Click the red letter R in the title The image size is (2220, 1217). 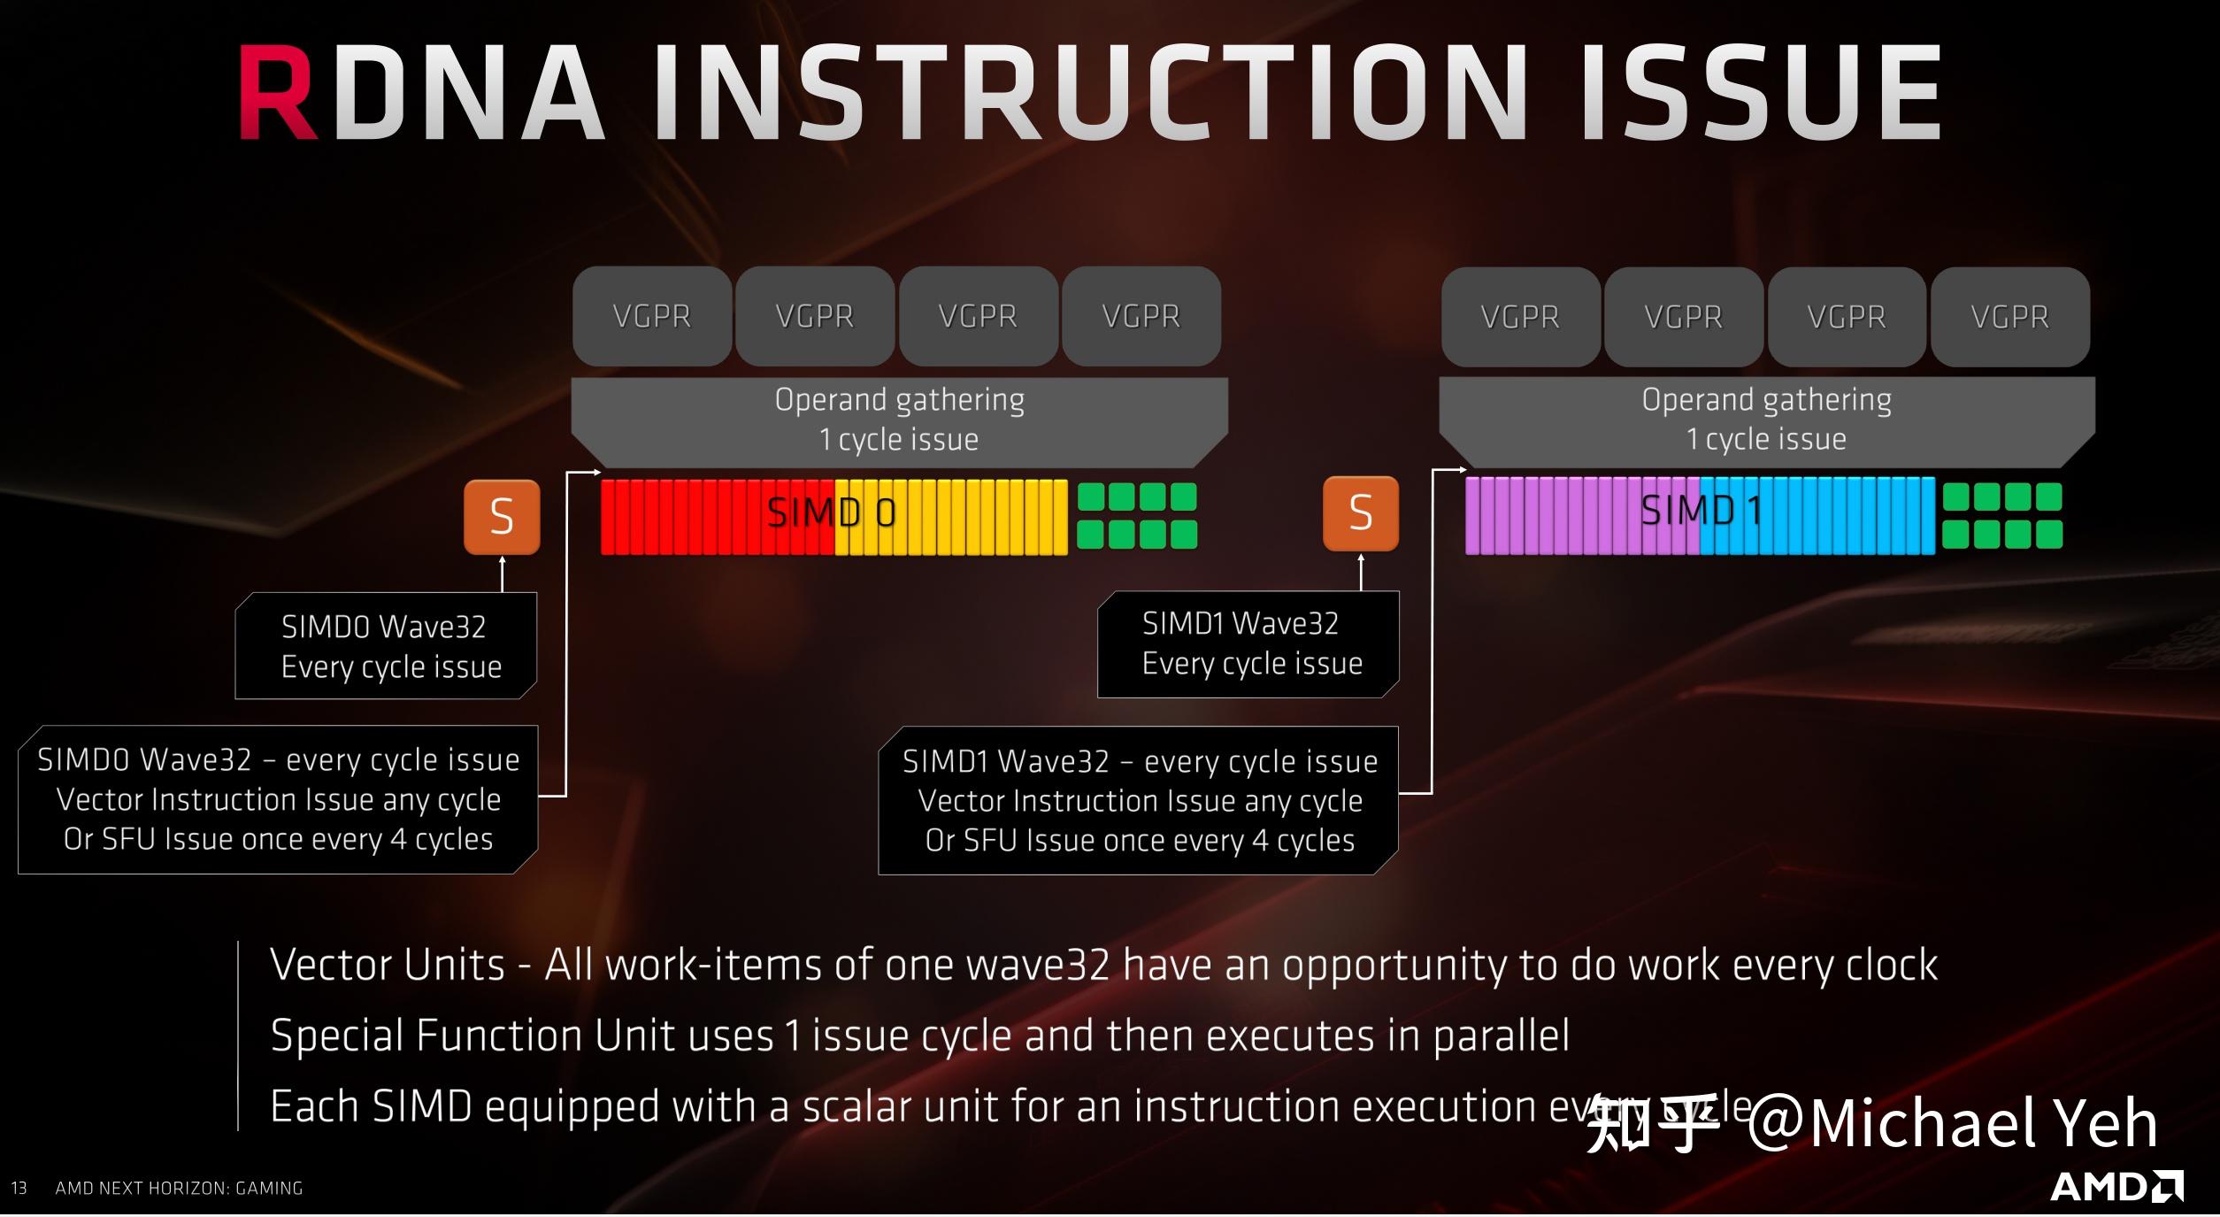click(277, 93)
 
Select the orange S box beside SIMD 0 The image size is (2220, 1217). click(502, 517)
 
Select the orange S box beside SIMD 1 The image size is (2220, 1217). click(1361, 513)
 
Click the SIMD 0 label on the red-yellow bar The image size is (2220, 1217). click(831, 513)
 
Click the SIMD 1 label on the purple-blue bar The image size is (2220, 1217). click(1700, 512)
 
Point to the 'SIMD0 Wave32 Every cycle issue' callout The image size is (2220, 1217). click(387, 646)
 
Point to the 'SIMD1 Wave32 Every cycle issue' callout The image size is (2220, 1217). click(1248, 643)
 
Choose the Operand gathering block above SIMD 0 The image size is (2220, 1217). click(899, 420)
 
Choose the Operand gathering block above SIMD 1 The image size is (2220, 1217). click(1766, 420)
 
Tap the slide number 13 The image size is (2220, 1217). click(19, 1188)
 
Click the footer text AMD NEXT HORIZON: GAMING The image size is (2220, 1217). click(179, 1188)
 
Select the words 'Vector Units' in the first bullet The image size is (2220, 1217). click(388, 965)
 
